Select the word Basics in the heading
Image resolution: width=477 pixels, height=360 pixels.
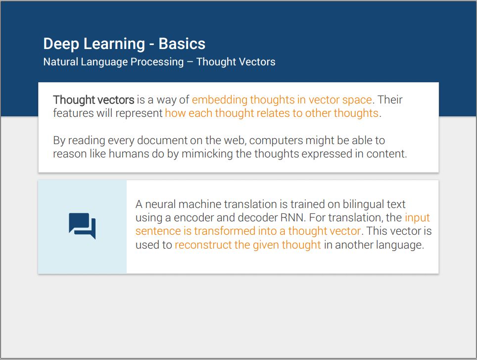coord(182,44)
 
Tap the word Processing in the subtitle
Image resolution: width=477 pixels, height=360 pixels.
coord(157,62)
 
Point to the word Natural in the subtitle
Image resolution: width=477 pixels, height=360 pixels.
coord(61,62)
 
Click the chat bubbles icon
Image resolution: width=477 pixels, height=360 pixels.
coord(82,226)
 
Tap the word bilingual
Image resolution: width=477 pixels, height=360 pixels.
coord(363,205)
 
